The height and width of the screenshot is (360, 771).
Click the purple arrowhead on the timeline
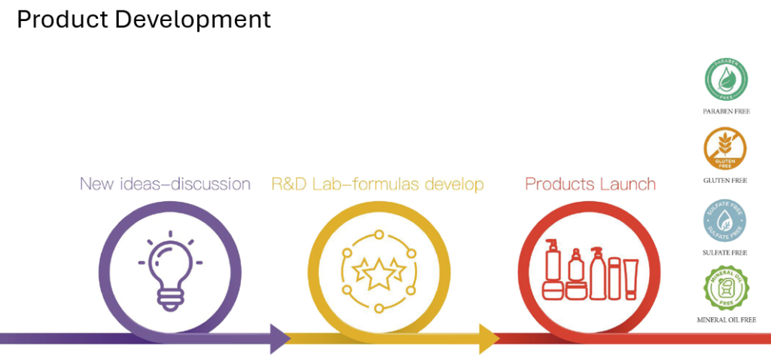[x=280, y=339]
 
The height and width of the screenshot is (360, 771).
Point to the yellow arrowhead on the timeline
[x=489, y=339]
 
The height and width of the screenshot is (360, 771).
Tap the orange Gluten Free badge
[x=725, y=151]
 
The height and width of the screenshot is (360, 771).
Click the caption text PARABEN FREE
[x=725, y=111]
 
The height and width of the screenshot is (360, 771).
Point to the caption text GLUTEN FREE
[x=725, y=182]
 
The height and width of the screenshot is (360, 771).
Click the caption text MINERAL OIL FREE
[x=725, y=320]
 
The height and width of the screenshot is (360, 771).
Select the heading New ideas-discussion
[x=165, y=184]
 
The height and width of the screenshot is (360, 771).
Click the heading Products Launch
[x=590, y=184]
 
